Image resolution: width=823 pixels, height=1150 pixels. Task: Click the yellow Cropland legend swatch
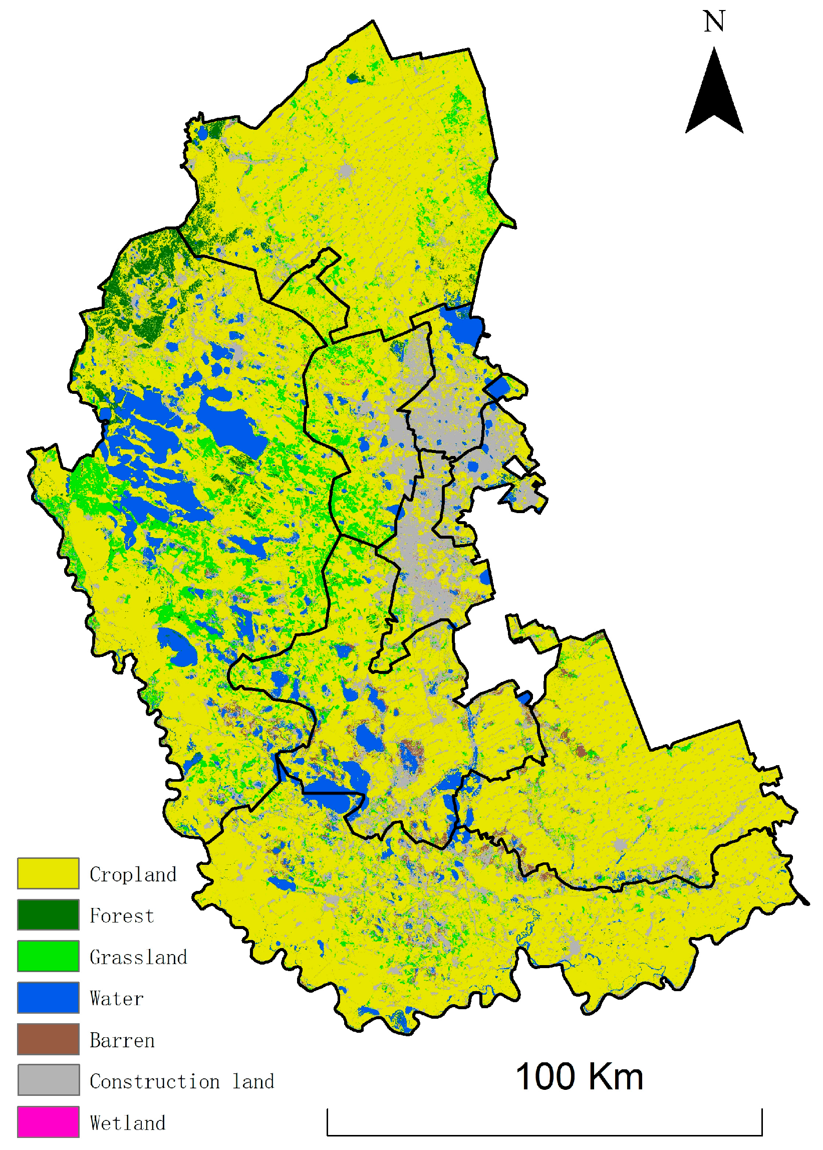point(48,873)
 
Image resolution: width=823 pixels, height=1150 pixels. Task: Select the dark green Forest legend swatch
point(48,915)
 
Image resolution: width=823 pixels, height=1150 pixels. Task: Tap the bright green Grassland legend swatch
point(48,956)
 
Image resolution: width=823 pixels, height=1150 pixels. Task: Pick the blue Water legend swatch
point(48,998)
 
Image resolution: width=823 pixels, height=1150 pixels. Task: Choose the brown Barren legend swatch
point(48,1039)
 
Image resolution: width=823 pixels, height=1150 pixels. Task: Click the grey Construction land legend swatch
point(48,1080)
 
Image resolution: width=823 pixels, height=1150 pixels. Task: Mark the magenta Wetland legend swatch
point(48,1121)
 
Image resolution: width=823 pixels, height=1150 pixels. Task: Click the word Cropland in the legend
point(133,874)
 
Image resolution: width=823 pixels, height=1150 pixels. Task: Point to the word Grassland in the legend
point(138,957)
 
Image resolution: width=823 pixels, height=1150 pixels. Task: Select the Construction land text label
point(182,1081)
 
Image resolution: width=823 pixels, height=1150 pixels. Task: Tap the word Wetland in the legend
point(128,1122)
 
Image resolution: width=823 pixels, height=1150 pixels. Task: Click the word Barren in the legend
point(122,1040)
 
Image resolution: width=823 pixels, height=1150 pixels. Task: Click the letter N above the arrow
point(714,22)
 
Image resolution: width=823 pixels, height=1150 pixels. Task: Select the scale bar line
point(544,1135)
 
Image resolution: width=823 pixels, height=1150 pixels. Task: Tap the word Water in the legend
point(117,999)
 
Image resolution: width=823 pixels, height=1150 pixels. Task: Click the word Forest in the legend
point(122,916)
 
